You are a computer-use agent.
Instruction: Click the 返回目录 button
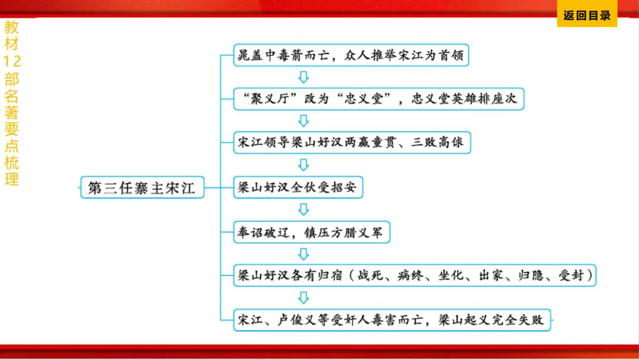click(x=586, y=16)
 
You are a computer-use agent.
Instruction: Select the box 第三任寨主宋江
click(x=142, y=188)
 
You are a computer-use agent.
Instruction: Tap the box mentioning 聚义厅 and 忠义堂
click(x=379, y=98)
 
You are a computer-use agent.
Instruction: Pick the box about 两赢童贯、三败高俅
click(x=353, y=143)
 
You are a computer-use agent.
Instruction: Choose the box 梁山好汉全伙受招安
click(x=298, y=188)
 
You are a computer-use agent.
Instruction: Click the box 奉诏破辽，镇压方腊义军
click(x=311, y=233)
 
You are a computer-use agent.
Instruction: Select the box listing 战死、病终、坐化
click(x=415, y=276)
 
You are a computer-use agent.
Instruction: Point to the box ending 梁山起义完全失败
click(x=393, y=320)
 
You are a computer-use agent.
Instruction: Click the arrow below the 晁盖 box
click(x=304, y=77)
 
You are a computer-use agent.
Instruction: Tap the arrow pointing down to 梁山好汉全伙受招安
click(x=304, y=165)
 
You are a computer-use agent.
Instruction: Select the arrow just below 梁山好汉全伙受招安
click(x=304, y=210)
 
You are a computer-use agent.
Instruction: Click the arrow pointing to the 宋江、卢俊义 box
click(x=304, y=298)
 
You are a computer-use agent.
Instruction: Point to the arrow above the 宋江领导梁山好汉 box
click(x=304, y=121)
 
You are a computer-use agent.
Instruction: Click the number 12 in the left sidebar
click(x=12, y=61)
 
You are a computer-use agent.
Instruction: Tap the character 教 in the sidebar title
click(x=12, y=27)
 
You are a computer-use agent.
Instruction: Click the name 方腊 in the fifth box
click(x=340, y=233)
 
